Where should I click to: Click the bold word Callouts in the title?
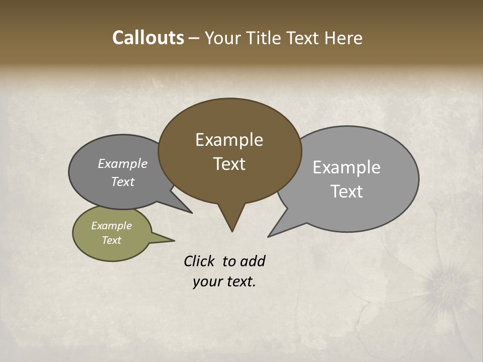coord(148,38)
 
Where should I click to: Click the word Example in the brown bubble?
coord(229,140)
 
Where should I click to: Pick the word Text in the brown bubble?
coord(229,164)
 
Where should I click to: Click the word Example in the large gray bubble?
coord(346,167)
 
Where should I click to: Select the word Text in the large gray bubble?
coord(346,192)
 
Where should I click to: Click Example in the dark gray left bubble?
coord(122,164)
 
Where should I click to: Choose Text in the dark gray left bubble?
coord(122,182)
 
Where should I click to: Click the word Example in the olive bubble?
coord(111,226)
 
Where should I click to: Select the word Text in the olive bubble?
coord(111,240)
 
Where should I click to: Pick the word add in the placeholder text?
coord(253,261)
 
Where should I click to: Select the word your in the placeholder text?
coord(207,282)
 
